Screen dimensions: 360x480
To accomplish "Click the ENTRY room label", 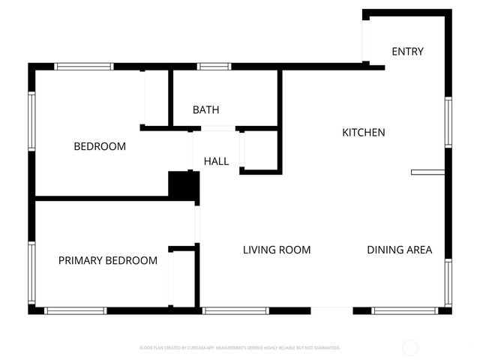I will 408,52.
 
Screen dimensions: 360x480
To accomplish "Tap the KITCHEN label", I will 364,133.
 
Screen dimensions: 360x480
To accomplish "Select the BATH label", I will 205,110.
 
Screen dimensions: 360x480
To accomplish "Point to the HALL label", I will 216,160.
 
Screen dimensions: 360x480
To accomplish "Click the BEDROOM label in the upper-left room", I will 100,146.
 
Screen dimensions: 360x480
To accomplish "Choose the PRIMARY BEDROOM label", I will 108,260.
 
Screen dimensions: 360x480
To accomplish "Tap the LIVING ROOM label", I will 277,250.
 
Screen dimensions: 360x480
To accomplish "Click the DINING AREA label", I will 399,250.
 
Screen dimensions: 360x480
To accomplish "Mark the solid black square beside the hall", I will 182,185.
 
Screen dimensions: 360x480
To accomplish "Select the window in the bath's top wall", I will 214,67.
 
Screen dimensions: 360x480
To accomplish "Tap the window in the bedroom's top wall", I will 84,67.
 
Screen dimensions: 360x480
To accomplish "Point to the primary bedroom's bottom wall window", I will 76,310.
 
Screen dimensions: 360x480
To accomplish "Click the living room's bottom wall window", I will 235,310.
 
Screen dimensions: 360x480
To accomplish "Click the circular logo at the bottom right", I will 410,347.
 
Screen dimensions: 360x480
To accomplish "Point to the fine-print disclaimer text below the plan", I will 240,348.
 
